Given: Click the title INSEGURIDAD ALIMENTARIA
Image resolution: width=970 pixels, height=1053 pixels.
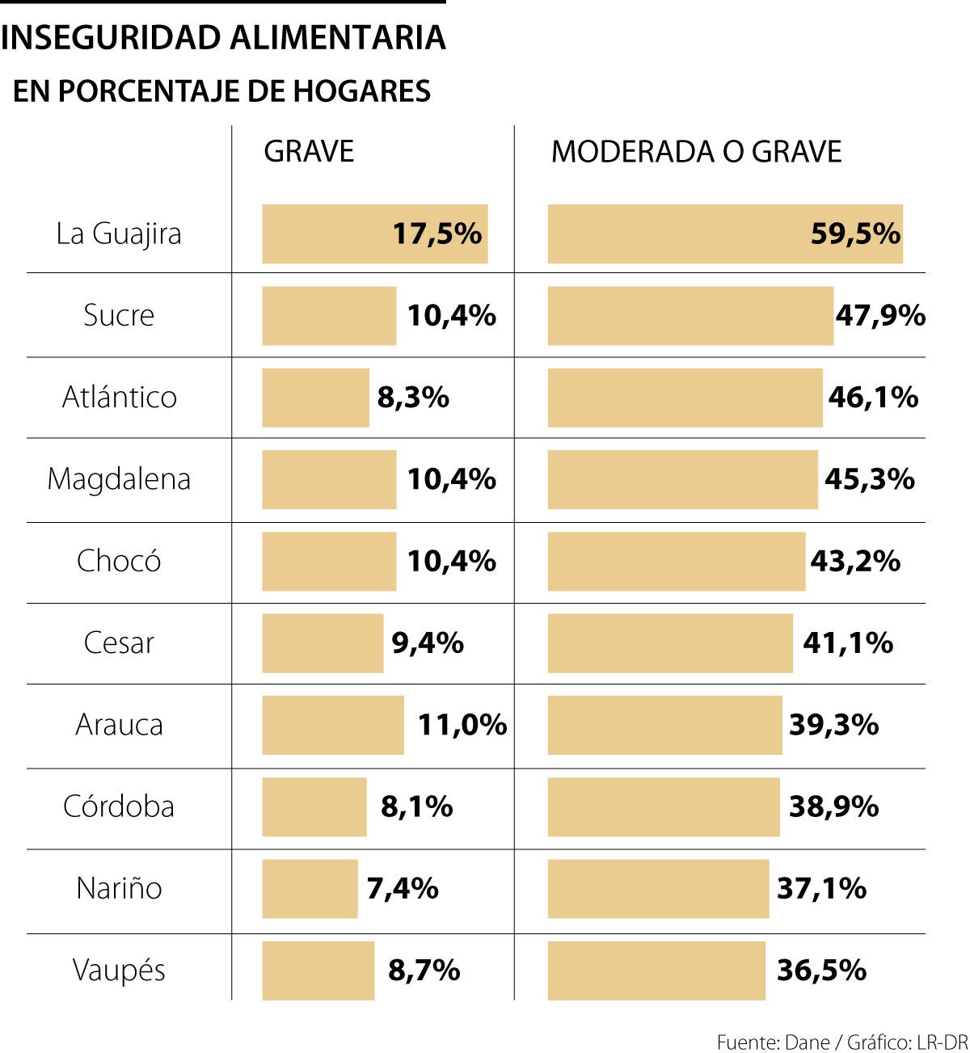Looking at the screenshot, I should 223,38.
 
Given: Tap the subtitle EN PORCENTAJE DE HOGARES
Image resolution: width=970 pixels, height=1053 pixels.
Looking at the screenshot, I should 221,91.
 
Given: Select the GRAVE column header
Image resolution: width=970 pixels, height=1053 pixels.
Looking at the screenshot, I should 309,152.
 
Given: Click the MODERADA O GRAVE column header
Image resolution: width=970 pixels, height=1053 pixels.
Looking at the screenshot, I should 696,152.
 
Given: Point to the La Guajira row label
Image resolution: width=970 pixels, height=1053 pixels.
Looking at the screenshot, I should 119,234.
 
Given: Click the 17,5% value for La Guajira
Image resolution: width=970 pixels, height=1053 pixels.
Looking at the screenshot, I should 436,234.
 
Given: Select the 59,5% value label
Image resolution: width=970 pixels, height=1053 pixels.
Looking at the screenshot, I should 855,234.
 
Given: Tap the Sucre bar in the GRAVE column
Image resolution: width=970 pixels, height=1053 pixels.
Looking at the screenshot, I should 329,316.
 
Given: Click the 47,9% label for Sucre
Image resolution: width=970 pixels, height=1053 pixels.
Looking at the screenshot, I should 880,316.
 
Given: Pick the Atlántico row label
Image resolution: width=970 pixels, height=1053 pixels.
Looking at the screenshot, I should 120,398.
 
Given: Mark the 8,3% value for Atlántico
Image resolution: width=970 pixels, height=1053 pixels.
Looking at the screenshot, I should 413,398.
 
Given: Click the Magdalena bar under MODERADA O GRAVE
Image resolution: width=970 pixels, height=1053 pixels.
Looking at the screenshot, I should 682,480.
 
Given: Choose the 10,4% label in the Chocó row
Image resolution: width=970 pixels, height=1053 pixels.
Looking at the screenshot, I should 451,562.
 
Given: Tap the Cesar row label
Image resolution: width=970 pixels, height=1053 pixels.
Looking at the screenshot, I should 119,643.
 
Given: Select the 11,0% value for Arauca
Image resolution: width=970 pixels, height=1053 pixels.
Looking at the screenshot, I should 462,725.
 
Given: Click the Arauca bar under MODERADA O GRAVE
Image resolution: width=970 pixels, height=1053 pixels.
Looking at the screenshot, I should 664,725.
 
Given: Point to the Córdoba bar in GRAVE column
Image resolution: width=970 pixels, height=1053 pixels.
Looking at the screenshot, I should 314,807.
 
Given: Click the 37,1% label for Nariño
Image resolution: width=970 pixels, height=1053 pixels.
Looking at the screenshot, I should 821,889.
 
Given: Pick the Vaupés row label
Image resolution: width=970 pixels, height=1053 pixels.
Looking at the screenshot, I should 119,971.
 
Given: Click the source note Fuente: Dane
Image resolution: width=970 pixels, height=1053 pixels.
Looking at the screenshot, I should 773,1042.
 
